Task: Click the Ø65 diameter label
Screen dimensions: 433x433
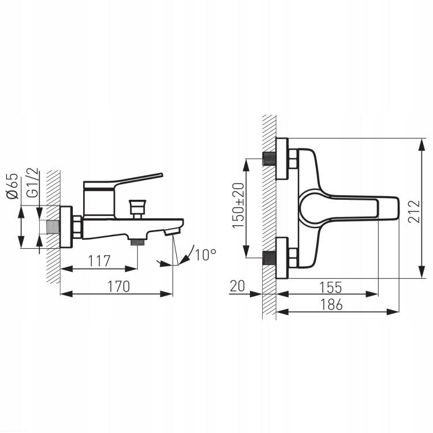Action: tap(13, 186)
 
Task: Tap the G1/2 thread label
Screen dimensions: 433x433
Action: tap(32, 182)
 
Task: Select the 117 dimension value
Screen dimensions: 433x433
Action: tap(99, 261)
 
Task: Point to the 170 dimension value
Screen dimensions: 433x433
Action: tap(118, 286)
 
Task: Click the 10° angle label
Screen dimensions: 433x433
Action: tap(205, 255)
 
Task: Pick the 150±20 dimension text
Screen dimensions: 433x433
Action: tap(238, 206)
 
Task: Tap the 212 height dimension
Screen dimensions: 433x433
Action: tap(414, 211)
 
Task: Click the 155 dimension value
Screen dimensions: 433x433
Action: tap(331, 288)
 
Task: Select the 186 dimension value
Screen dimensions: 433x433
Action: tap(331, 305)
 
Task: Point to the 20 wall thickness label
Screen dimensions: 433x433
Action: tap(237, 286)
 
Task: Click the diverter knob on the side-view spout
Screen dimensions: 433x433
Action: tap(137, 209)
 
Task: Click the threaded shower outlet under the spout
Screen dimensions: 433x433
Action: tap(137, 242)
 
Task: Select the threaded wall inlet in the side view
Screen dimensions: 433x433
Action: tap(53, 227)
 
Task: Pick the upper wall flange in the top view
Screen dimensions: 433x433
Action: tap(282, 159)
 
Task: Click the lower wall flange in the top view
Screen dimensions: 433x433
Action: tap(282, 258)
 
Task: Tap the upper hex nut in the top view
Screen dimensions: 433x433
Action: tap(293, 159)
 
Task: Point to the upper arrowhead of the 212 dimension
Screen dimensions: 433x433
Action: tap(421, 144)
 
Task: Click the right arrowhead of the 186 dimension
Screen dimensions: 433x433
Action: tap(393, 312)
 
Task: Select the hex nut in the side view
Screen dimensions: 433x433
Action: tap(77, 227)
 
